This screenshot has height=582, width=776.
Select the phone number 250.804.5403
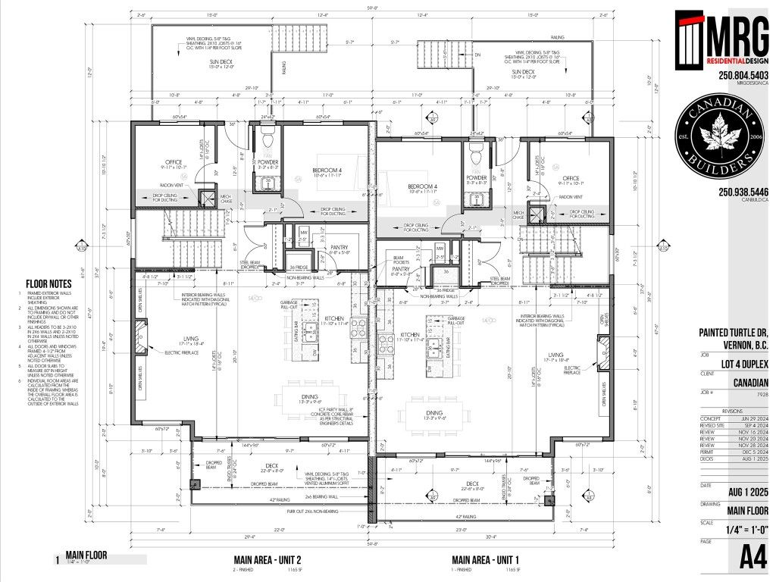[x=743, y=76]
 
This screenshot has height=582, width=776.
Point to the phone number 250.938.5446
[x=743, y=192]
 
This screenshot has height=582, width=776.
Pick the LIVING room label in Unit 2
[x=174, y=339]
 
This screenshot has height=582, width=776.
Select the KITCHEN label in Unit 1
[x=409, y=334]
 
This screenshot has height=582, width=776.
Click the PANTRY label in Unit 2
[x=338, y=247]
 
